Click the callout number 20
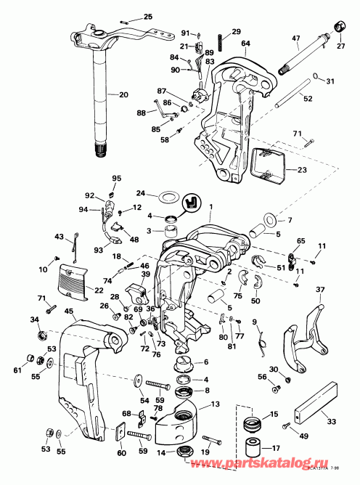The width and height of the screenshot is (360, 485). pyautogui.click(x=123, y=94)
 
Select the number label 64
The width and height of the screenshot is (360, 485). pyautogui.click(x=245, y=43)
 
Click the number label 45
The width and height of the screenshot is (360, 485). pyautogui.click(x=70, y=312)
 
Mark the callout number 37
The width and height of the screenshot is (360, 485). pyautogui.click(x=319, y=290)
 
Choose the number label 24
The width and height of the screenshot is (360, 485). pyautogui.click(x=142, y=193)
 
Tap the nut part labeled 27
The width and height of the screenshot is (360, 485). pyautogui.click(x=338, y=27)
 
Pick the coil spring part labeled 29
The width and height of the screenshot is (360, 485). pyautogui.click(x=216, y=43)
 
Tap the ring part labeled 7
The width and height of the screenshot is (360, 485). pyautogui.click(x=266, y=218)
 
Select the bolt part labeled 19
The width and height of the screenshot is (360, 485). pyautogui.click(x=211, y=440)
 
